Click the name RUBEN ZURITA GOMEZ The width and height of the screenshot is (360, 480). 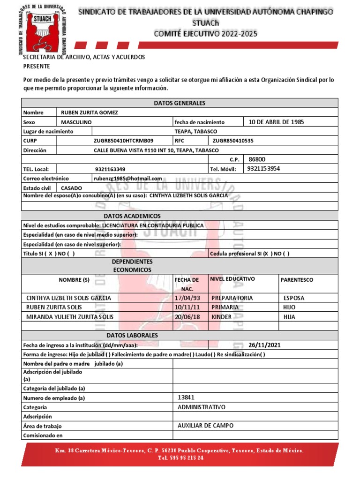pos(89,112)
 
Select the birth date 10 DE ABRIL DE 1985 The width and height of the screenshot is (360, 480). pos(276,122)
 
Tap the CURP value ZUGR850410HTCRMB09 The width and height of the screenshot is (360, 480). pos(123,141)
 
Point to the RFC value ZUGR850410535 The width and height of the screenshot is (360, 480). pos(233,141)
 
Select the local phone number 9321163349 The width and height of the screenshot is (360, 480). pos(110,169)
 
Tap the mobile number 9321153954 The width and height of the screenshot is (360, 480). pos(264,169)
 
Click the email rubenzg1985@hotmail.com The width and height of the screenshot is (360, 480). pos(128,179)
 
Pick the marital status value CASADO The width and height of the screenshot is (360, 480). pos(72,188)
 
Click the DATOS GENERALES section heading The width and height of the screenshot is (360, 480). pos(180,103)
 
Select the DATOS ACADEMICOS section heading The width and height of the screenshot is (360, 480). pos(132,216)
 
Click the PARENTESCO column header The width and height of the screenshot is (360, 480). pos(297,280)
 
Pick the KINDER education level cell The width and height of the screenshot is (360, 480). pos(222,317)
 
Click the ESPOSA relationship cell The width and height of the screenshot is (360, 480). pos(294,298)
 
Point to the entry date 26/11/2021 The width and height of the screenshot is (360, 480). pos(264,345)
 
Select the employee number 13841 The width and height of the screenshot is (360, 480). pos(186,397)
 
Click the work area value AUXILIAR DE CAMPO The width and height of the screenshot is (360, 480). pos(205,426)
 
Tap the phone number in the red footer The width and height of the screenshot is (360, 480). pos(180,458)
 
